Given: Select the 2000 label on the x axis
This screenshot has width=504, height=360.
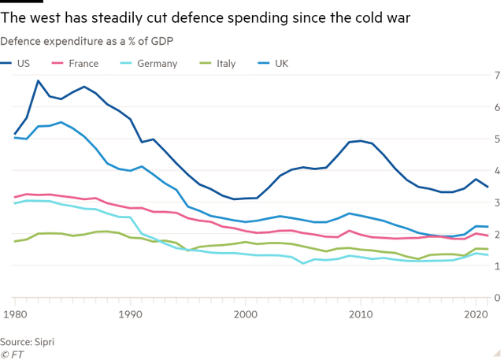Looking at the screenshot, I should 246,314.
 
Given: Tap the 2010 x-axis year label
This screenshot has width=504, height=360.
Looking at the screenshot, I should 361,314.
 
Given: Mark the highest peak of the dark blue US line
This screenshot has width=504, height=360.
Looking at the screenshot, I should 35,80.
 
